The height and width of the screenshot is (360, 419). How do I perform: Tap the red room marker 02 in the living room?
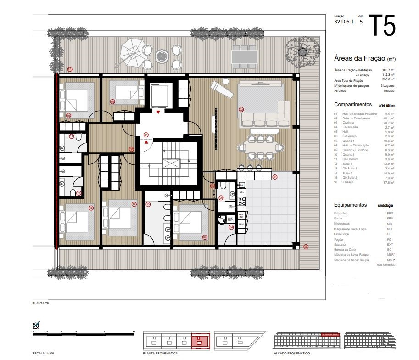[241, 109]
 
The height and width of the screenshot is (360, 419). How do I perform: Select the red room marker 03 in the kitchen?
[275, 176]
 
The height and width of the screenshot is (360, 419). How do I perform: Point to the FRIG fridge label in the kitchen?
[241, 225]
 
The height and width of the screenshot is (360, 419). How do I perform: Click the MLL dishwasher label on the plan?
[242, 192]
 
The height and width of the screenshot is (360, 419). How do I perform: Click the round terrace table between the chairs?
[162, 56]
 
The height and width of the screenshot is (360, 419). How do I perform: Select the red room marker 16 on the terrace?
[69, 69]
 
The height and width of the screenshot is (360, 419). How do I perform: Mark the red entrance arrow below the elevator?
[158, 112]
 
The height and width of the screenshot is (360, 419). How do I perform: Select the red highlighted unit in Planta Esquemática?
[199, 341]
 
